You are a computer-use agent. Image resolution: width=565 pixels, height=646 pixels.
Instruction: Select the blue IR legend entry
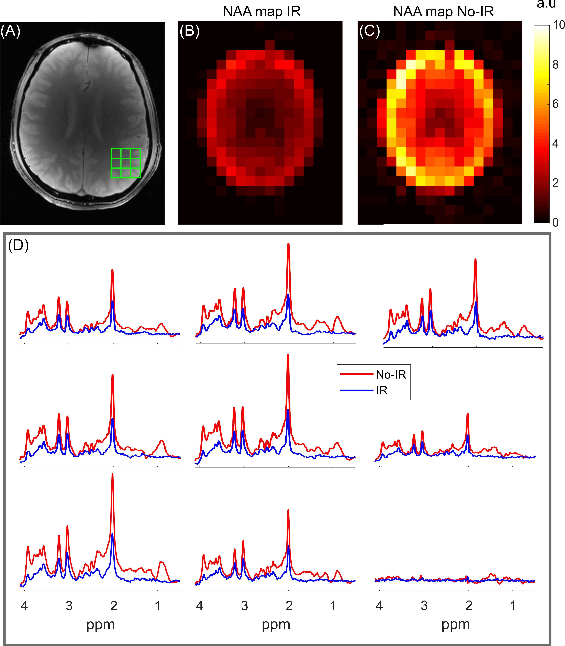click(x=382, y=391)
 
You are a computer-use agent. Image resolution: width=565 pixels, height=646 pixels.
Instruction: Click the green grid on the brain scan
click(x=126, y=163)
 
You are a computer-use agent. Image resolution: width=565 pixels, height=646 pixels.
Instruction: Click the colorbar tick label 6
click(x=556, y=104)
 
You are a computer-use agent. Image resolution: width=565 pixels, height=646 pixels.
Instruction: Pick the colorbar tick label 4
click(x=556, y=143)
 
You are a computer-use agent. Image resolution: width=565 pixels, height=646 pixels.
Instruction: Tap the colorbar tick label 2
click(x=556, y=183)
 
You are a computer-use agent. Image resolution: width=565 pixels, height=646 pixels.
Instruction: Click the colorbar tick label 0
click(x=556, y=222)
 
